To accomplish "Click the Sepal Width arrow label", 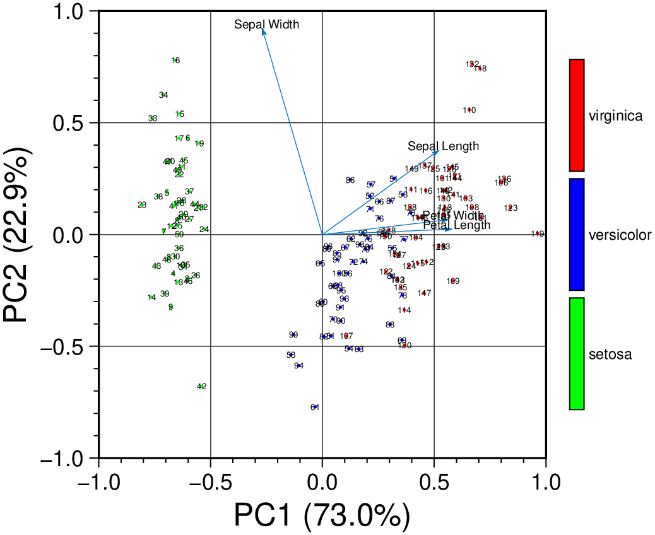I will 266,25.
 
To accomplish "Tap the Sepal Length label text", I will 443,146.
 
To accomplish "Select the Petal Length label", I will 457,225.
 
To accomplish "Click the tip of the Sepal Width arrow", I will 263,29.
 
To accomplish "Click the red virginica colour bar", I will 576,115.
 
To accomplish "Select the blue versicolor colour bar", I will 576,234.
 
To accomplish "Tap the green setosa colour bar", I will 576,353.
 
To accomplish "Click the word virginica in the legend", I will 615,116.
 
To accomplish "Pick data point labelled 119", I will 538,234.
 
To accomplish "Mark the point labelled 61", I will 315,407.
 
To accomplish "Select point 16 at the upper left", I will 175,61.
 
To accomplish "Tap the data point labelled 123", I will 511,208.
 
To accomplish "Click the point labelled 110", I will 469,110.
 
